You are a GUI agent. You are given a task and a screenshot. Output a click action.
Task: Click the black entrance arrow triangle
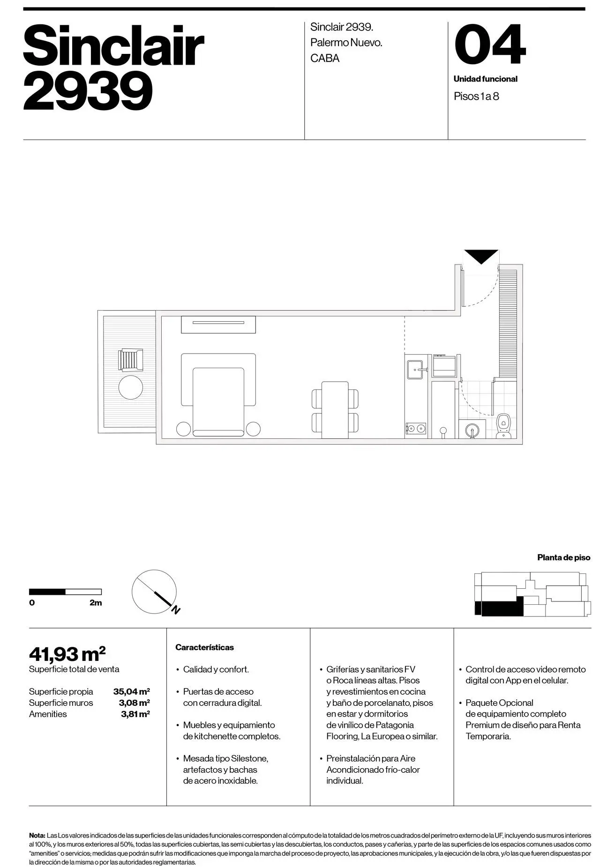point(481,256)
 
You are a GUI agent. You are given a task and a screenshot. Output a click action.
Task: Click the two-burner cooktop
point(416,428)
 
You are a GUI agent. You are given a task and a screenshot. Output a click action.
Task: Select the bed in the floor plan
point(218,401)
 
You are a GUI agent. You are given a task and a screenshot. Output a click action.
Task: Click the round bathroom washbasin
point(472,429)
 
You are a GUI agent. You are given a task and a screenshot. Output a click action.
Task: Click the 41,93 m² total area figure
point(67,652)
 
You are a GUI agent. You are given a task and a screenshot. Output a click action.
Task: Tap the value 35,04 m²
point(131,691)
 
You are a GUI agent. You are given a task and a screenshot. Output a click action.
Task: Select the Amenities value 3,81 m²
point(135,714)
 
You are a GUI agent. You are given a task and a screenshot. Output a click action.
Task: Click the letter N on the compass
point(176,610)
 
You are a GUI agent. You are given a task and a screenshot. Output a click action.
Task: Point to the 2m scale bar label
point(96,603)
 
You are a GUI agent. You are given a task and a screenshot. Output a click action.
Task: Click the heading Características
point(204,647)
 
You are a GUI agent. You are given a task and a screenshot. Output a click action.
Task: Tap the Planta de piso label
point(563,557)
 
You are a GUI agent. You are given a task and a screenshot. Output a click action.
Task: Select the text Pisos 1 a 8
point(476,96)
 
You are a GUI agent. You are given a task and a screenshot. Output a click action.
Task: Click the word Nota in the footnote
point(37,835)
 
